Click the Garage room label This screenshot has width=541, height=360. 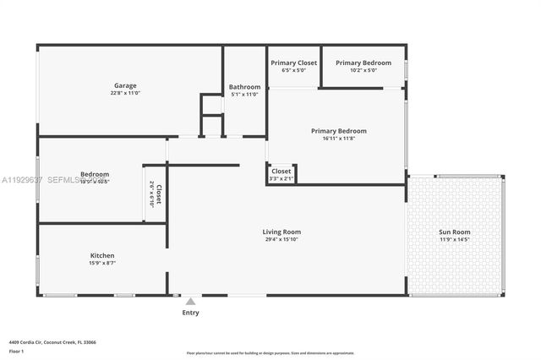pyautogui.click(x=125, y=85)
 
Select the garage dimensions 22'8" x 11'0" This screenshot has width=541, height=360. pyautogui.click(x=125, y=94)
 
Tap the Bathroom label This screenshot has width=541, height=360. pyautogui.click(x=244, y=86)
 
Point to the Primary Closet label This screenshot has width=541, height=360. pyautogui.click(x=293, y=63)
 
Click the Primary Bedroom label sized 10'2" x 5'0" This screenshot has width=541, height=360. pyautogui.click(x=363, y=63)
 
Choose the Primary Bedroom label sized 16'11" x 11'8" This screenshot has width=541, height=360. pyautogui.click(x=338, y=131)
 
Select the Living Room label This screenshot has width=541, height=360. pyautogui.click(x=281, y=232)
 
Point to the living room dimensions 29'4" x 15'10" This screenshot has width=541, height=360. pyautogui.click(x=281, y=240)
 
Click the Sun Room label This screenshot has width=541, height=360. pyautogui.click(x=455, y=232)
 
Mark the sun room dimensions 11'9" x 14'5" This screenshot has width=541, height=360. pyautogui.click(x=455, y=240)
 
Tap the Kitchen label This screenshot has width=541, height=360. pyautogui.click(x=102, y=255)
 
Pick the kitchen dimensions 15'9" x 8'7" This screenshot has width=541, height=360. pyautogui.click(x=102, y=264)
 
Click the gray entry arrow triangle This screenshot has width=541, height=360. pyautogui.click(x=191, y=301)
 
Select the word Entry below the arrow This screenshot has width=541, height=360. pyautogui.click(x=191, y=313)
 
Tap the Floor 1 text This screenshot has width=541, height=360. pyautogui.click(x=17, y=351)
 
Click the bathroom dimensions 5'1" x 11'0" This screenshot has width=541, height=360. pyautogui.click(x=244, y=95)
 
